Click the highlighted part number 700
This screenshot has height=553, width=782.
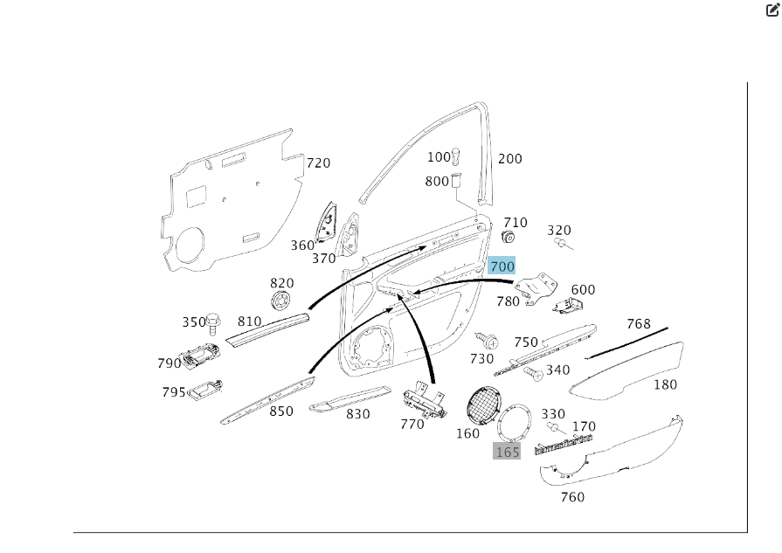[502, 266]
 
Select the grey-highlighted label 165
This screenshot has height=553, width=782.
[508, 452]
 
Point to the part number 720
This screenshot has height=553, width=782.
[318, 163]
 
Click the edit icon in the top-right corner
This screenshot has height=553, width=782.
[772, 10]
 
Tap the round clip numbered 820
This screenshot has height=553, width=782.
[282, 301]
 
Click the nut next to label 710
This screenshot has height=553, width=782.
[509, 238]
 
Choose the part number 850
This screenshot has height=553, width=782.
[281, 411]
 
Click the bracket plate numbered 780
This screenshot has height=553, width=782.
[536, 289]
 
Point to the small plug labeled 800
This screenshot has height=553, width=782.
[456, 182]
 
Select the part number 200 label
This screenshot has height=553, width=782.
[510, 159]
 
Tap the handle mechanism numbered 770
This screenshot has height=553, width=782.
[423, 401]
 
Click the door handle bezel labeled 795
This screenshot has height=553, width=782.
[204, 389]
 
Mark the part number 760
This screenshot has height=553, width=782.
[572, 497]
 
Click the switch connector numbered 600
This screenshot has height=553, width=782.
[569, 305]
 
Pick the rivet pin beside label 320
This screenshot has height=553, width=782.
[563, 244]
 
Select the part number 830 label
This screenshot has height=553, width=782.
[357, 414]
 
